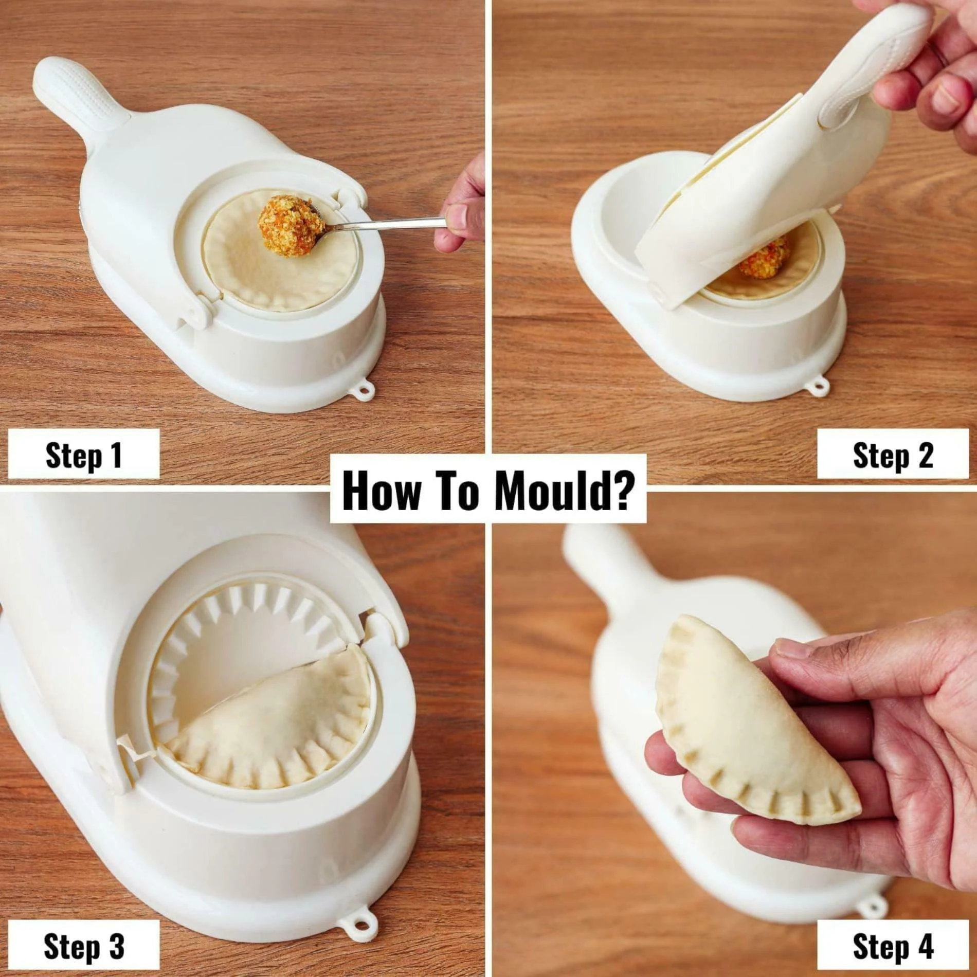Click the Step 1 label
click(x=83, y=455)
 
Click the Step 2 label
click(x=892, y=455)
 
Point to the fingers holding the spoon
click(x=460, y=216)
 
